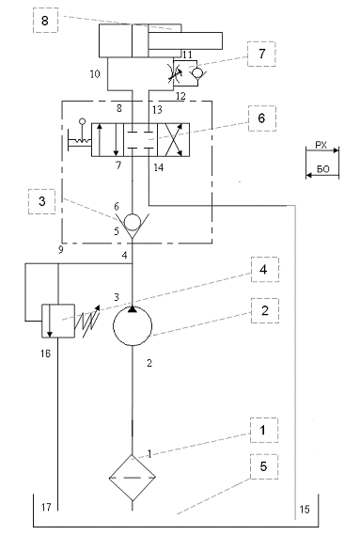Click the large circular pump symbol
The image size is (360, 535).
tap(133, 326)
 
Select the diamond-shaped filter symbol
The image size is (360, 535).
tap(133, 478)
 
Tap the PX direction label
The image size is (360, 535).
tap(321, 146)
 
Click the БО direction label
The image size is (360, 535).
tap(322, 169)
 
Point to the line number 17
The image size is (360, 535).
tap(46, 508)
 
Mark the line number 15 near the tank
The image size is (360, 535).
tap(304, 510)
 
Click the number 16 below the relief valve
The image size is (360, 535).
tap(45, 354)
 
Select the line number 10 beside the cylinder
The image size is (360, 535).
tap(95, 73)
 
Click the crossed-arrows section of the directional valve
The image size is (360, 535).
tap(173, 140)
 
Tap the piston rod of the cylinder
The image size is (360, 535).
tap(185, 40)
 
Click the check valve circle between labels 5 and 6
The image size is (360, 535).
tap(133, 222)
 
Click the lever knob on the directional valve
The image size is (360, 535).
tap(82, 120)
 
